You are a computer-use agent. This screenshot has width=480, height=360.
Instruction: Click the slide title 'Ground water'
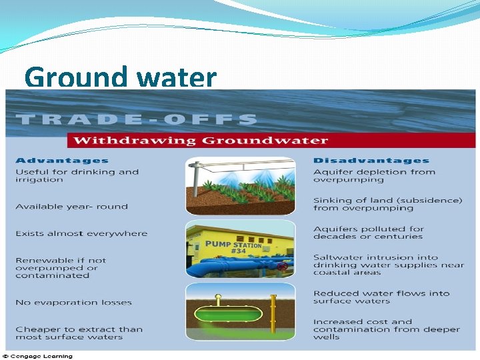coord(121,78)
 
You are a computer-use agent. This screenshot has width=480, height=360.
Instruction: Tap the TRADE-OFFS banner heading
coord(136,119)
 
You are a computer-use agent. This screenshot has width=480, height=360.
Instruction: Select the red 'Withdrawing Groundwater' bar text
coord(201,140)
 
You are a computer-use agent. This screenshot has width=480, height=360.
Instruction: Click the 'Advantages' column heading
coord(61,160)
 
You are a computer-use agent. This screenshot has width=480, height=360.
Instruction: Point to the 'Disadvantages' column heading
coord(371,160)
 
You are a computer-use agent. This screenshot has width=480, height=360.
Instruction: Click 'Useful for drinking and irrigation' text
coord(77,175)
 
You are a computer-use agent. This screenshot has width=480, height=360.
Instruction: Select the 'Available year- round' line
coord(71,206)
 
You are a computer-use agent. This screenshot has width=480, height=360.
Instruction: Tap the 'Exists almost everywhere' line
coord(81,233)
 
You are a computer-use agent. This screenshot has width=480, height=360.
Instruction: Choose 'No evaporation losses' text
coord(73,302)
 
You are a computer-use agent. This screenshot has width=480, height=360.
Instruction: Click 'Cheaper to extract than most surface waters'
coord(79,333)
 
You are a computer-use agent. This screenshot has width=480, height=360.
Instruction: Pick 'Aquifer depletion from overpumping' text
coord(374,175)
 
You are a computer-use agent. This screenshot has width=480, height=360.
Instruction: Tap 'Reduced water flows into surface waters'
coord(381,297)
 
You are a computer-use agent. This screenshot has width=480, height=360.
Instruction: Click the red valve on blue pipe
coord(283,266)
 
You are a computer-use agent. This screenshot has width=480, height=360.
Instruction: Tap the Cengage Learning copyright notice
coord(40,355)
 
